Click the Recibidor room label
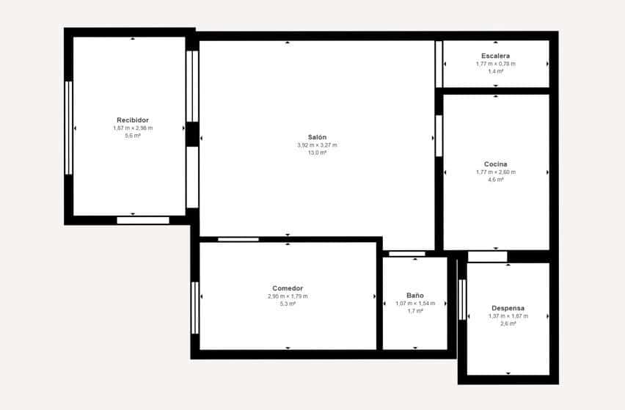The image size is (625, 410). coord(133,120)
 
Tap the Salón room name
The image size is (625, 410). coord(317,137)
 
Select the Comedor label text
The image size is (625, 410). coord(288,288)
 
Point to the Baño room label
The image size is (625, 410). coord(415,295)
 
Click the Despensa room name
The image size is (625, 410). coord(508,308)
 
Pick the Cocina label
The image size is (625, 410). coord(496,164)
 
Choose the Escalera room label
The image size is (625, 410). coord(496,56)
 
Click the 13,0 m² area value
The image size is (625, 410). coord(317,153)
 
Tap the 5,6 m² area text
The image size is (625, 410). coord(133,136)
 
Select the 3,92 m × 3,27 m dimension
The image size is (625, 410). coord(317,145)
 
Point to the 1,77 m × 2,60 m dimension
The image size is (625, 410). coord(496,172)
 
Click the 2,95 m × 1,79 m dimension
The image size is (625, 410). coord(288,296)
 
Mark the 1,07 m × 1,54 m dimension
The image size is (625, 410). coord(415,303)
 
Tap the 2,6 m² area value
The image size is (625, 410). coord(508,323)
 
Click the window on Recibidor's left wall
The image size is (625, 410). coord(68,128)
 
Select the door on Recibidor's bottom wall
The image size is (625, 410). coord(143,220)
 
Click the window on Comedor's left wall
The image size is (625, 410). coord(195,308)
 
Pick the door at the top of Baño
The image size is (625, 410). coord(406,254)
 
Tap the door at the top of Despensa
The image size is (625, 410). coord(487,257)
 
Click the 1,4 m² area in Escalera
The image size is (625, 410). coord(496,71)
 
